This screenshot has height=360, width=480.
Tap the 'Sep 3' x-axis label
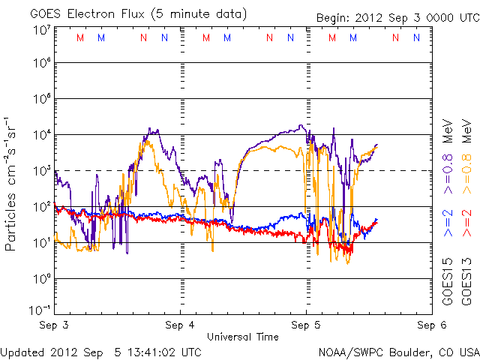point(55,325)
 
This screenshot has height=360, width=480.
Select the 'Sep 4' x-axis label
point(180,325)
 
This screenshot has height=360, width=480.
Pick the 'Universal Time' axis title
point(243,335)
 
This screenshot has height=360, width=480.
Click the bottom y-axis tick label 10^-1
point(40,310)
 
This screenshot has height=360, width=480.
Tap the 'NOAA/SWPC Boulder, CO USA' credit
point(398,351)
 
